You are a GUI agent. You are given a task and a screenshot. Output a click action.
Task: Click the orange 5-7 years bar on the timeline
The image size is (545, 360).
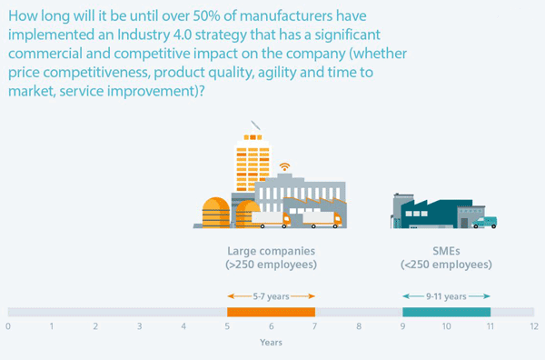(271, 312)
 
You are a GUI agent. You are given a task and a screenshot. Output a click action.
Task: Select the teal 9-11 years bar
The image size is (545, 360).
(446, 312)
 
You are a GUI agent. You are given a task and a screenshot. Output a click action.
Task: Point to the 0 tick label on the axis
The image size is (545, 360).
(7, 325)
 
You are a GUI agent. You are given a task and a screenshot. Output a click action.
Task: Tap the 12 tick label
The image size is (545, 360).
(533, 325)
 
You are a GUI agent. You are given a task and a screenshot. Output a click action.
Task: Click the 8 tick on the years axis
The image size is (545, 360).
(358, 325)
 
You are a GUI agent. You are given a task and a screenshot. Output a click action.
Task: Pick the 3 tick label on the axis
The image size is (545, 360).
(139, 325)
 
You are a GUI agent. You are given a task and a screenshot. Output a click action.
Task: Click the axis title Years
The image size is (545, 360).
(271, 343)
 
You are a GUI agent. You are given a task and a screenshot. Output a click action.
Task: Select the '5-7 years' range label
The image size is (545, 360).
(271, 296)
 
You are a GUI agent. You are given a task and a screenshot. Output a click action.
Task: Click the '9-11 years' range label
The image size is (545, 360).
(446, 296)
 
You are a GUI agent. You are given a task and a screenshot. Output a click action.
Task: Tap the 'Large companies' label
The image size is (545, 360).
(271, 250)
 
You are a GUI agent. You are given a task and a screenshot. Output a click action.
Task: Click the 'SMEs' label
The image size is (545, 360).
(446, 250)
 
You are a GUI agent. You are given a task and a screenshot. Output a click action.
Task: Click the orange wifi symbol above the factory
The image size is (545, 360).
(284, 167)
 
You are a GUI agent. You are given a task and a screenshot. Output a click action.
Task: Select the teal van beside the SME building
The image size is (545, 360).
(486, 221)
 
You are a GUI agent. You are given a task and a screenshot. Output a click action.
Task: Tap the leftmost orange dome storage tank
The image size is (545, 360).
(216, 212)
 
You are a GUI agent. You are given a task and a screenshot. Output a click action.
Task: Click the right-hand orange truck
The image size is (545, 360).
(324, 219)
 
